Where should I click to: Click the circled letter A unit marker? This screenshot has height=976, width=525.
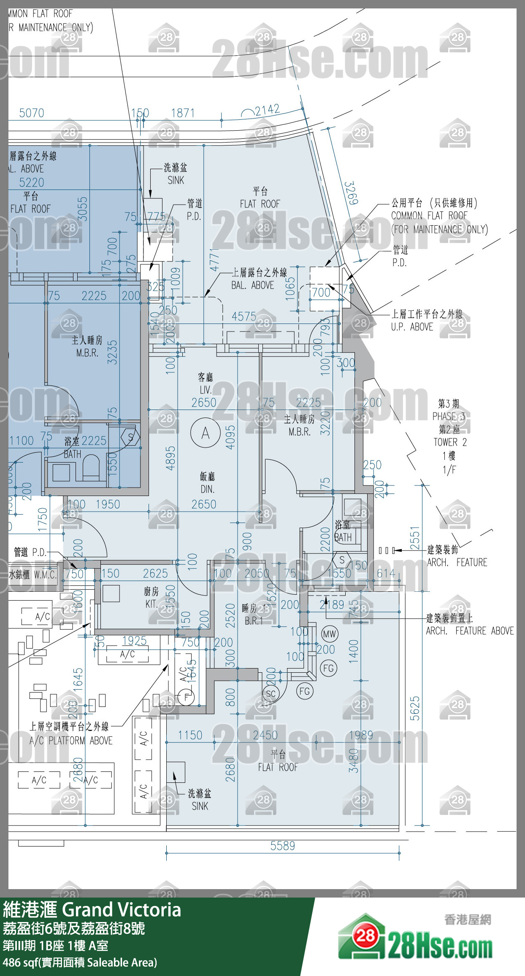pyautogui.click(x=206, y=433)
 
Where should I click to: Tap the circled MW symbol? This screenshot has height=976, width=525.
pyautogui.click(x=329, y=634)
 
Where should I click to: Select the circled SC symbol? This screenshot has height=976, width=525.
pyautogui.click(x=271, y=693)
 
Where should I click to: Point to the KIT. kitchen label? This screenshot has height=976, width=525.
pyautogui.click(x=151, y=604)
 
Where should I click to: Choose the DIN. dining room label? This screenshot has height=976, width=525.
pyautogui.click(x=207, y=489)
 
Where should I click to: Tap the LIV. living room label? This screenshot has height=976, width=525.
pyautogui.click(x=206, y=390)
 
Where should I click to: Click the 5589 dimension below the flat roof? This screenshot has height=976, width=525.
pyautogui.click(x=282, y=846)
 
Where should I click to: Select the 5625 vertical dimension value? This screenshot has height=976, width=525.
pyautogui.click(x=415, y=708)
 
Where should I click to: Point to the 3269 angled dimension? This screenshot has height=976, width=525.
pyautogui.click(x=351, y=193)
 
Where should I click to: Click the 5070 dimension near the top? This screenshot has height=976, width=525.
pyautogui.click(x=32, y=113)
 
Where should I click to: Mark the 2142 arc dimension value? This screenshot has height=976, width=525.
pyautogui.click(x=267, y=111)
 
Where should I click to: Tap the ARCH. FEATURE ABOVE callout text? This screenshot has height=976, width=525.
pyautogui.click(x=470, y=631)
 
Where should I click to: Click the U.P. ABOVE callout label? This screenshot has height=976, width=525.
pyautogui.click(x=412, y=327)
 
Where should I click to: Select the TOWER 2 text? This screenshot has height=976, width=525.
pyautogui.click(x=450, y=442)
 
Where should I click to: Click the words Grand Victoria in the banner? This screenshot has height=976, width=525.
pyautogui.click(x=122, y=910)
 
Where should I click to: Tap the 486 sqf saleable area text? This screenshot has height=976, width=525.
pyautogui.click(x=80, y=962)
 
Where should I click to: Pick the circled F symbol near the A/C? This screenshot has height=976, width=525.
pyautogui.click(x=186, y=697)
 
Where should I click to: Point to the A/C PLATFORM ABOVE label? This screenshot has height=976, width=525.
pyautogui.click(x=71, y=740)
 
